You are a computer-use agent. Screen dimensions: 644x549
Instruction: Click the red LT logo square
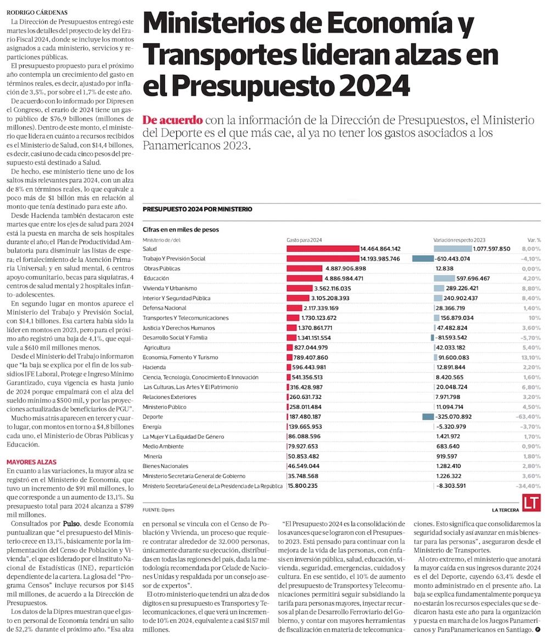[x=531, y=504]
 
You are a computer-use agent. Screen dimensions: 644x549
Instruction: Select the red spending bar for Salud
[x=323, y=248]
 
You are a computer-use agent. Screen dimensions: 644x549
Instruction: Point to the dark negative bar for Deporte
[x=428, y=416]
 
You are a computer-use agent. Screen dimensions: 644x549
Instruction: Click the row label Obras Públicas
[x=162, y=268]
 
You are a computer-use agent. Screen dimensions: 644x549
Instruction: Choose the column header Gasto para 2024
[x=304, y=240]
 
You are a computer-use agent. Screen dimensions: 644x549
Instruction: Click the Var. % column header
[x=534, y=240]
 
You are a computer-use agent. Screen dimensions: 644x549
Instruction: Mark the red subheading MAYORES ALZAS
[x=31, y=462]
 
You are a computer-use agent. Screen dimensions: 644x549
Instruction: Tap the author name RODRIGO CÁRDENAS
[x=36, y=12]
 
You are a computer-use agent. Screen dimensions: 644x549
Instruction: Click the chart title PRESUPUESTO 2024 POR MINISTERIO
[x=197, y=209]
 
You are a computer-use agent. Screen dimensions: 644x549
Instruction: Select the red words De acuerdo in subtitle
[x=172, y=120]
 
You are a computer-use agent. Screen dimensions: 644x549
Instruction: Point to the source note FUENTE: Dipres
[x=158, y=510]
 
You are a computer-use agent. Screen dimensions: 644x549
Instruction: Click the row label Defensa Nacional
[x=164, y=308]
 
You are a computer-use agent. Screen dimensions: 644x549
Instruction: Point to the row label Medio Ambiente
[x=163, y=446]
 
